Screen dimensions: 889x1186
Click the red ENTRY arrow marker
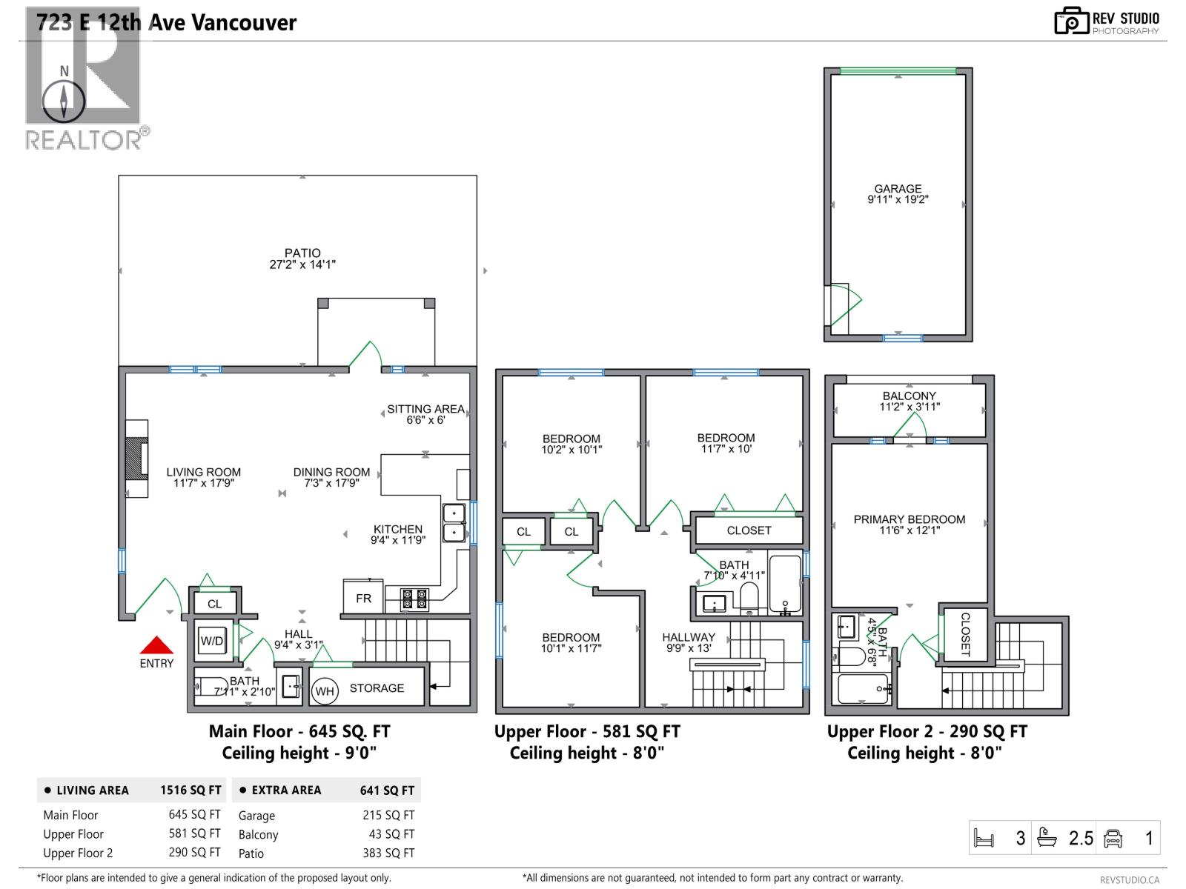coord(156,645)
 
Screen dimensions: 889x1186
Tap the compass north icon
coord(64,99)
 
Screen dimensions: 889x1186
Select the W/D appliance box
coord(212,641)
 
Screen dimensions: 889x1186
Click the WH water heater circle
coord(325,691)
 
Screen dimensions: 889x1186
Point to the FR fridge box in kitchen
coord(363,598)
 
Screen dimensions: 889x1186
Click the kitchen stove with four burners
coord(414,599)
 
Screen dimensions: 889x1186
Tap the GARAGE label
coord(898,189)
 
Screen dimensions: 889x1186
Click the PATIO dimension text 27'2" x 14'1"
coord(302,264)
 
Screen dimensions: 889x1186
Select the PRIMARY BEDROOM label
coord(909,519)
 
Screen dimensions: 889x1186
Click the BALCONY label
coord(909,396)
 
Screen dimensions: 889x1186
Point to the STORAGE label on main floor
coord(377,688)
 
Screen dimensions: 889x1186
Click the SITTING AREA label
coord(425,409)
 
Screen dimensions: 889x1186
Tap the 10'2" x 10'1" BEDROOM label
coord(571,444)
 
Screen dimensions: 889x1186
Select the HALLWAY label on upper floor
coord(689,637)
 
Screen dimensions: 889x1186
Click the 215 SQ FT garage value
coord(388,815)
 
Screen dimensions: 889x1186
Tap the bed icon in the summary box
coord(983,839)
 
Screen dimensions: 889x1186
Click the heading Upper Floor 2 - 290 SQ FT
coord(927,731)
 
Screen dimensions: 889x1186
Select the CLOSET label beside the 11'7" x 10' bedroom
coord(749,530)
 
